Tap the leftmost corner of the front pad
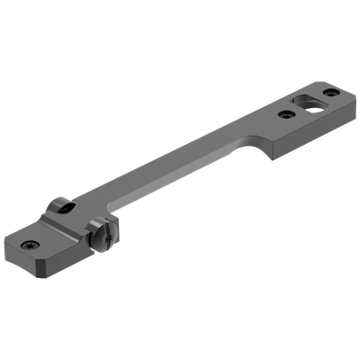click(5, 242)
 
